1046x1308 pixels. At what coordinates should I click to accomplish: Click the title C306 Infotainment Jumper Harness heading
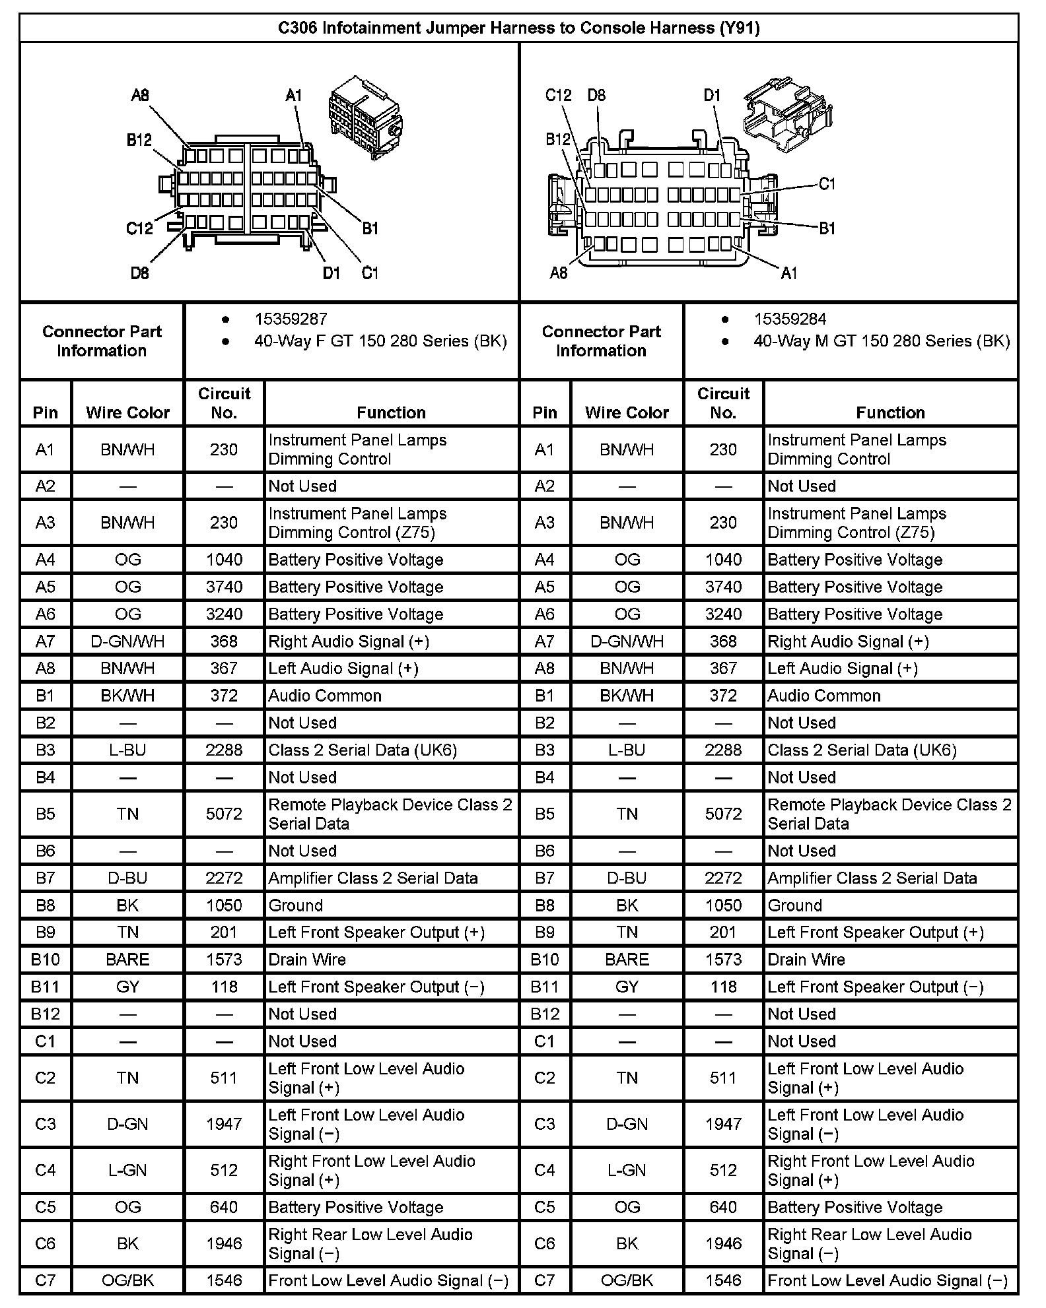(x=518, y=28)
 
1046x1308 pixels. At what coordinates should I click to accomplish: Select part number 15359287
(x=291, y=319)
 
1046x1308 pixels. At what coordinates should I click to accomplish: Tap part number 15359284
(x=790, y=319)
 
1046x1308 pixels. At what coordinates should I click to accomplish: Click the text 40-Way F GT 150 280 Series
(x=380, y=341)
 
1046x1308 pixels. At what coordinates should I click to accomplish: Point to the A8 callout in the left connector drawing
(x=140, y=95)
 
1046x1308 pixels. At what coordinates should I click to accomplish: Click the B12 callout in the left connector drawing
(x=139, y=140)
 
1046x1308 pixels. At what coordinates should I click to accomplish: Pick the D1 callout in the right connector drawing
(x=712, y=95)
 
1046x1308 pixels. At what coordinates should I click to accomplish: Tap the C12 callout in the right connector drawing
(x=558, y=95)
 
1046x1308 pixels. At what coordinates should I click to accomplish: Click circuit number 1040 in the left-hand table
(x=224, y=560)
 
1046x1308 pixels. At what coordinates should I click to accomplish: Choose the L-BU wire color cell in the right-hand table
(x=627, y=750)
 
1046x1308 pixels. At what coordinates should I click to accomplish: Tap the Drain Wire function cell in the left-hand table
(x=307, y=960)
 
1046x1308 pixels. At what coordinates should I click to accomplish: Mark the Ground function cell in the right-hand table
(x=794, y=905)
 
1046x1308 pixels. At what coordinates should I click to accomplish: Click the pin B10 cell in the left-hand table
(x=45, y=960)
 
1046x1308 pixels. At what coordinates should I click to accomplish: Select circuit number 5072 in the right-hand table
(x=723, y=814)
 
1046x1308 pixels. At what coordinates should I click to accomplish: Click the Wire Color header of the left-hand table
(x=127, y=412)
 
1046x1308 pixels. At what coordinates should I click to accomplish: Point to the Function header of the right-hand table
(x=890, y=412)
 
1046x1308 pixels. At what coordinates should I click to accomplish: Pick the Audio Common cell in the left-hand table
(x=325, y=696)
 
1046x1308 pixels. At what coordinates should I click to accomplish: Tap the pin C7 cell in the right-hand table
(x=544, y=1280)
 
